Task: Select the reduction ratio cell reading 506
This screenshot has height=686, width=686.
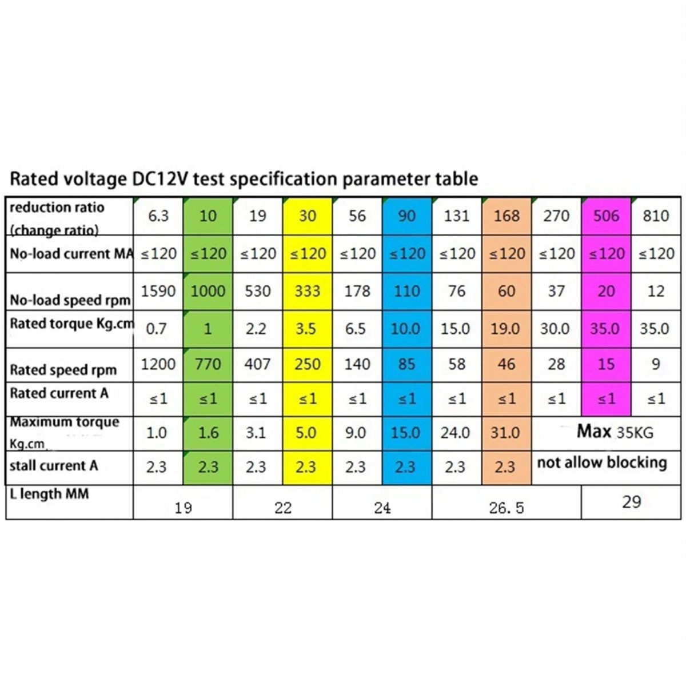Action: (x=606, y=216)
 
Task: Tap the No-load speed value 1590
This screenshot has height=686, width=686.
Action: (x=158, y=291)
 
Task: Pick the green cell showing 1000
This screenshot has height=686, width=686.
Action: (x=208, y=291)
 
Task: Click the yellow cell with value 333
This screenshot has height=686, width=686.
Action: (x=307, y=291)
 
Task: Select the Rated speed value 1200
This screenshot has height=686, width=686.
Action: (x=158, y=364)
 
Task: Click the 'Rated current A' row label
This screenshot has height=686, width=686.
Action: (x=59, y=393)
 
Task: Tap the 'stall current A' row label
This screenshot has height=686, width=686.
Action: (x=54, y=466)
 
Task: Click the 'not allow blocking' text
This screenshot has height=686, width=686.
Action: (x=601, y=462)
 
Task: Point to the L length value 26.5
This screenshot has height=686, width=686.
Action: (x=506, y=508)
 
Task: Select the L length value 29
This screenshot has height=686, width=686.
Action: (x=631, y=502)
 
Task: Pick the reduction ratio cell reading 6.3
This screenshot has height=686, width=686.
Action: (x=158, y=216)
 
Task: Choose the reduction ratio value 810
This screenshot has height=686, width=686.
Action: (x=655, y=216)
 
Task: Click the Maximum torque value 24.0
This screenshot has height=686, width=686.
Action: (x=455, y=433)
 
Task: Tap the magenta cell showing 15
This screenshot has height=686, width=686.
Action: (x=606, y=364)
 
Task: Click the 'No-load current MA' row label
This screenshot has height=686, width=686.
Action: (x=71, y=253)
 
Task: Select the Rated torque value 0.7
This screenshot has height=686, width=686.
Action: (x=156, y=329)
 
